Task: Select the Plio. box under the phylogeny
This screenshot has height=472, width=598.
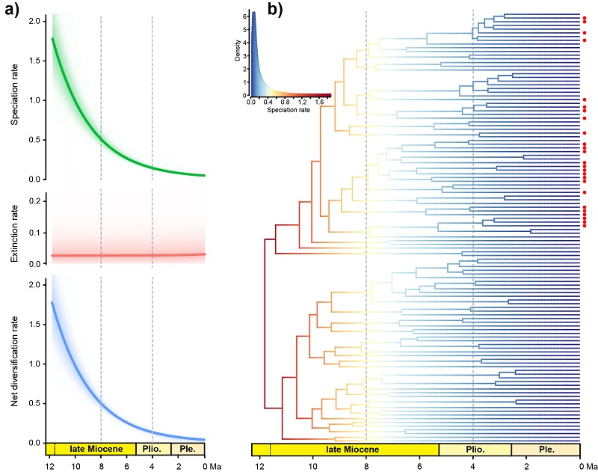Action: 474,450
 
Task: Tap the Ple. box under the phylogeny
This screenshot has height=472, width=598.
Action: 546,450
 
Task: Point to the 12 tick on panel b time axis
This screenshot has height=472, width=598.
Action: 259,465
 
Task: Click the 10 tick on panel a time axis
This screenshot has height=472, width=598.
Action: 75,465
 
